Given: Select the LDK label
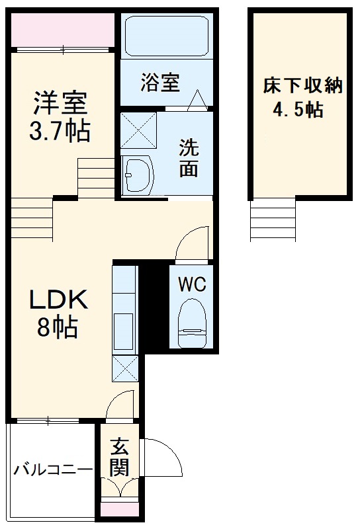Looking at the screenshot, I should (58, 300).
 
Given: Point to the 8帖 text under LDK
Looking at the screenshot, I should (58, 327).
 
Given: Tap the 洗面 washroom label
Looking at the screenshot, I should (189, 158).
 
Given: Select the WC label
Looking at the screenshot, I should (191, 286).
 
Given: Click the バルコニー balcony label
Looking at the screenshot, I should (53, 471).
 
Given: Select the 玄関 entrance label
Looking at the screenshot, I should (119, 458).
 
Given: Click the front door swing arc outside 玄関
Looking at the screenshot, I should (162, 456).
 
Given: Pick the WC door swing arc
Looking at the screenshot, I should (193, 243).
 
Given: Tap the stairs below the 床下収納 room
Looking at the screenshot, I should (273, 220).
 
